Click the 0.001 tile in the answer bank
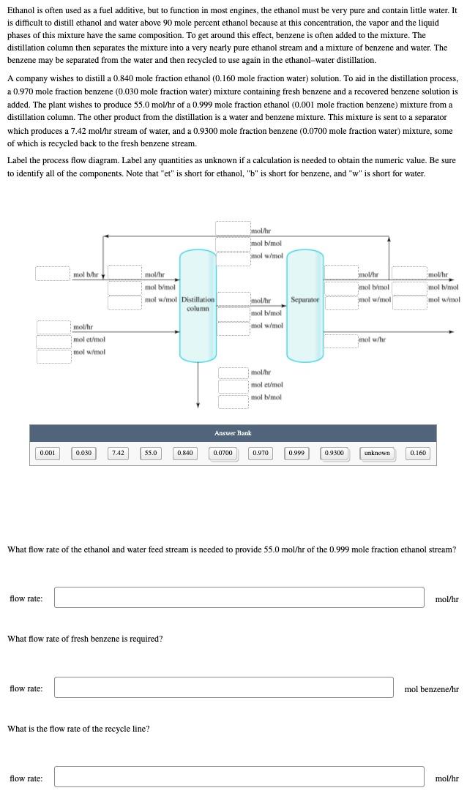[48, 453]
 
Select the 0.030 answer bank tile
[83, 453]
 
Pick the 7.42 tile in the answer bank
[118, 453]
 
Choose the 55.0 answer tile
[151, 453]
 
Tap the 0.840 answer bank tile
[184, 453]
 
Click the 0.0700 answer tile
[223, 453]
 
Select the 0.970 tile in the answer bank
[260, 453]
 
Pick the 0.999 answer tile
[296, 453]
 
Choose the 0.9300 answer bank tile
[334, 453]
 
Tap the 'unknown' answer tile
[377, 453]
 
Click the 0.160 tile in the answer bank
[418, 453]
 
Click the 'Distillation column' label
[198, 304]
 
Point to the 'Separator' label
[305, 300]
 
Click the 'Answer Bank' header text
[233, 433]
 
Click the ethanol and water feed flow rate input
[239, 598]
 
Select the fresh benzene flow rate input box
[224, 688]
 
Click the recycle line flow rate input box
[239, 777]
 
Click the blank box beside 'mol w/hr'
[340, 340]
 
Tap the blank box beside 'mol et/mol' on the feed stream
[53, 340]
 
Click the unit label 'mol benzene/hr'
[431, 688]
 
